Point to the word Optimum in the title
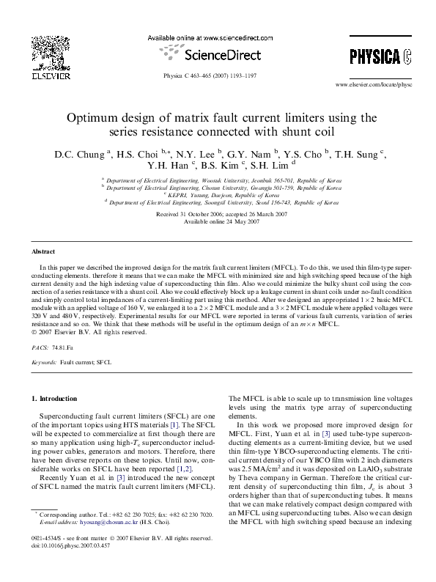pos(92,117)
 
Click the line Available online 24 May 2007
pos(218,221)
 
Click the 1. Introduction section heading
pos(52,399)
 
